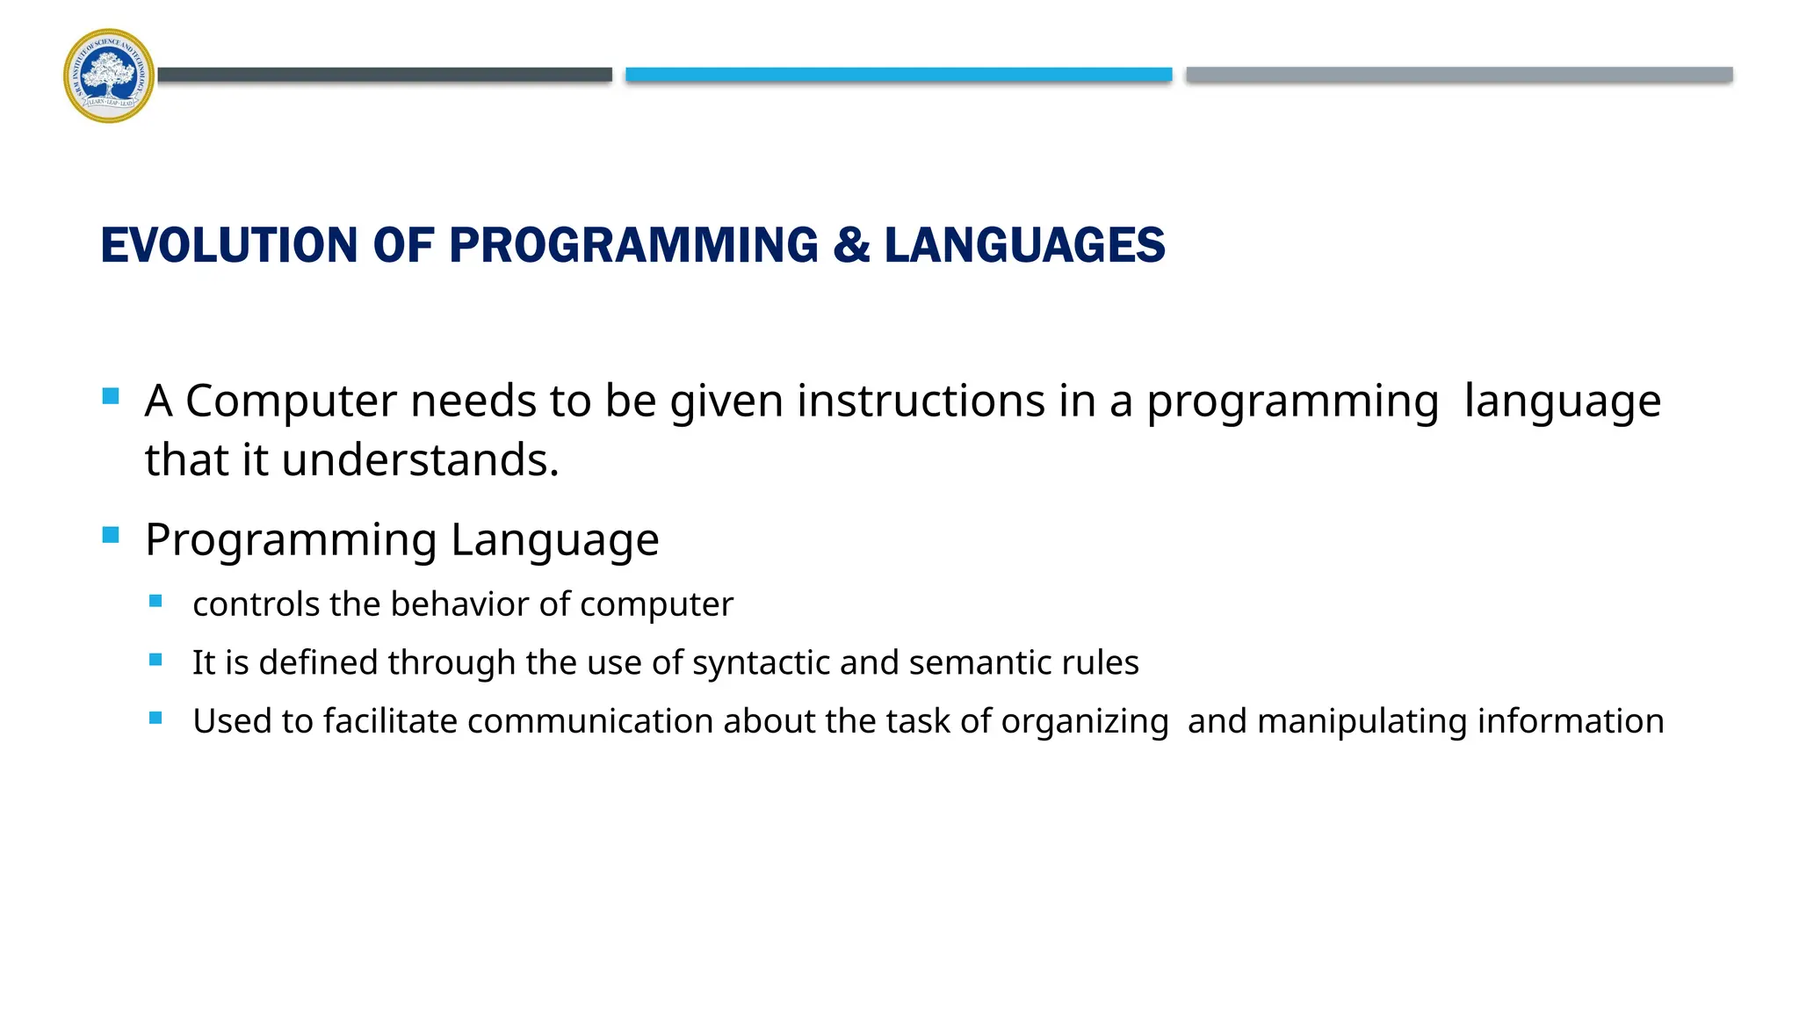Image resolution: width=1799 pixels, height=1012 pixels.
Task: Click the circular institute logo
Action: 109,76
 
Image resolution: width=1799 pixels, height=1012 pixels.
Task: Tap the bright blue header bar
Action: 898,75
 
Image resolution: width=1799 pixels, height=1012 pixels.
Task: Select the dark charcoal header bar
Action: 385,75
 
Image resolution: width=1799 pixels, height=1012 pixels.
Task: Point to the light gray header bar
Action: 1458,75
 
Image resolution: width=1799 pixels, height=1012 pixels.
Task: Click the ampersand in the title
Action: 851,245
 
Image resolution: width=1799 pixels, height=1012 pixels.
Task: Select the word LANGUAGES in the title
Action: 1024,245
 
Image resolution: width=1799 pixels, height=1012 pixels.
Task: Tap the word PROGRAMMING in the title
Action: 633,245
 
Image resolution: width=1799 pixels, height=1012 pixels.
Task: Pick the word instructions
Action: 921,401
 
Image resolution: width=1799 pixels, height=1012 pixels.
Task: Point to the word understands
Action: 420,460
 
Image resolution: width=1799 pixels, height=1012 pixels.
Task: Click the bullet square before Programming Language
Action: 111,535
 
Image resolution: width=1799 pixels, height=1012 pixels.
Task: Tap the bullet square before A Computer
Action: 111,396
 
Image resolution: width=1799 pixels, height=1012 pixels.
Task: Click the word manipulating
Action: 1362,721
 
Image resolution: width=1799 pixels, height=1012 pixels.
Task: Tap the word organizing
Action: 1084,723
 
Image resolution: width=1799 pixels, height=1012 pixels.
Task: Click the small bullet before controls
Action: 155,602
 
